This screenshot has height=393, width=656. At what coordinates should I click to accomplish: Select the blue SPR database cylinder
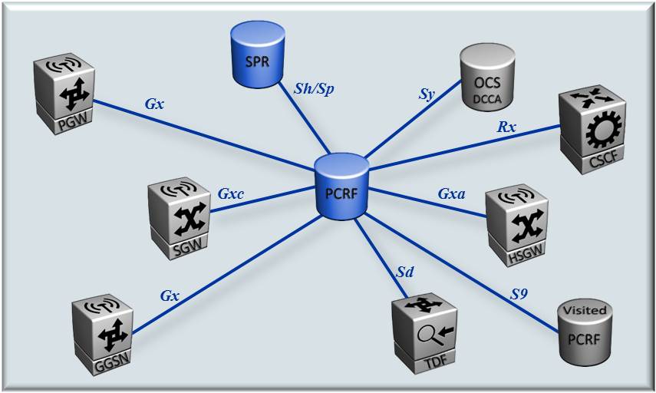coord(257,57)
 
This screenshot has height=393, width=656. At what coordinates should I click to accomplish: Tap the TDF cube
coord(424,332)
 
